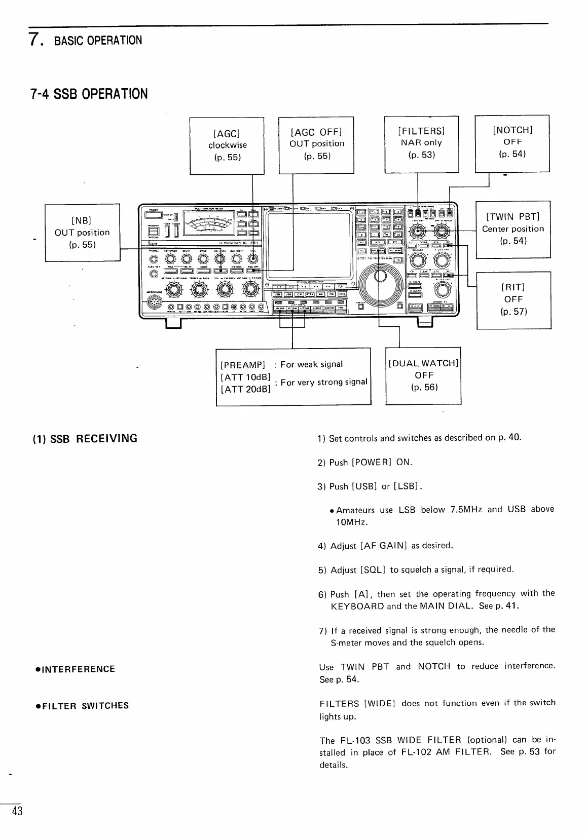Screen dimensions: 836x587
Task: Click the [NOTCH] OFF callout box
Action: [x=512, y=143]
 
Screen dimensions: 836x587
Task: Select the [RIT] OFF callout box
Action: [x=513, y=299]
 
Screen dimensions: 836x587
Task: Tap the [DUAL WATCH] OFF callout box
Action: [x=423, y=375]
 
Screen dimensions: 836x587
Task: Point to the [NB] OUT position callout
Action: [x=83, y=233]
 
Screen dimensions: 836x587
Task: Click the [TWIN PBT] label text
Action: [x=513, y=217]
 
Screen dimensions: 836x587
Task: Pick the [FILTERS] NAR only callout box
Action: [x=421, y=143]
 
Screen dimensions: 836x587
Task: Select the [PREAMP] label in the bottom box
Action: [x=243, y=365]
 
